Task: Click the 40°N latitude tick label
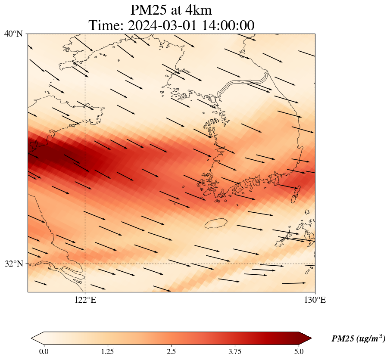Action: tap(13, 34)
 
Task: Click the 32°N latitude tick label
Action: tap(13, 264)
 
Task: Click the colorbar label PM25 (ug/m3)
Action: tap(358, 339)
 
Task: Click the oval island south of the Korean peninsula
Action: tap(216, 224)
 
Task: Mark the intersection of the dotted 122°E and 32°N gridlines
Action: tap(85, 264)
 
